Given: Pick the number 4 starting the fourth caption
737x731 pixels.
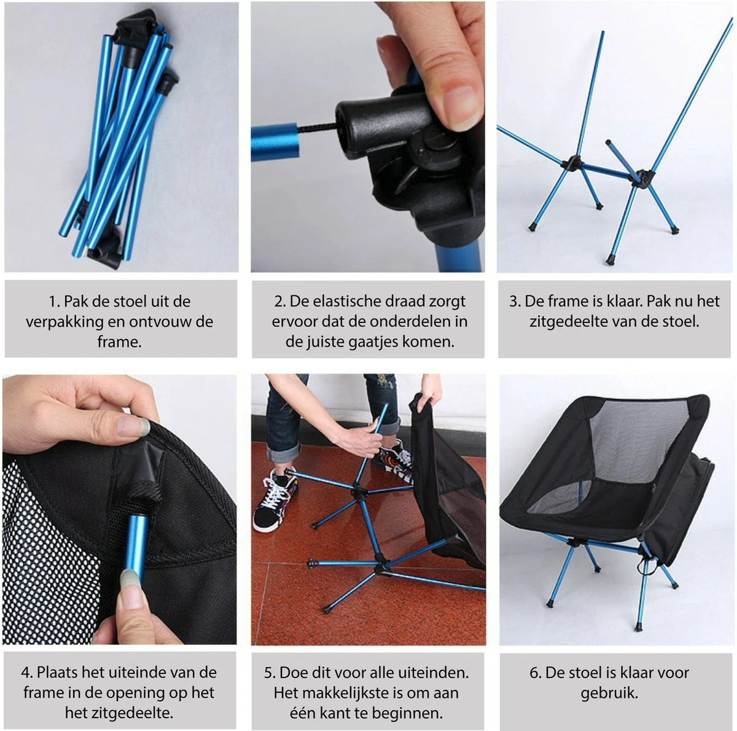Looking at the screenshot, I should pyautogui.click(x=26, y=673).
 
